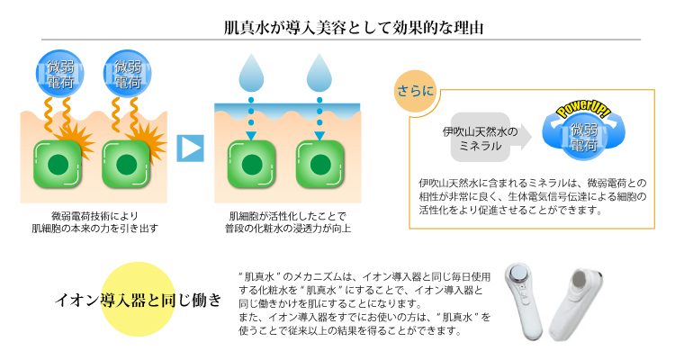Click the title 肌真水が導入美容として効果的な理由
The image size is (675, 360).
point(354,28)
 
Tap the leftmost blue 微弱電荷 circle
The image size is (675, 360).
point(59,74)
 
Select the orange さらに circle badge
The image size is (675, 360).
point(415,91)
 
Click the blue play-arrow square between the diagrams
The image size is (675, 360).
point(190,148)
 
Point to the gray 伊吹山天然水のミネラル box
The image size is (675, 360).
point(481,138)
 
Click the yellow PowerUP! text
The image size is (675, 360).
point(583,108)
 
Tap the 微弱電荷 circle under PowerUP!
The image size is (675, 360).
point(584,137)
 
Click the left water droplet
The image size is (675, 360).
point(251,73)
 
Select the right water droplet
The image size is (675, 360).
point(319,73)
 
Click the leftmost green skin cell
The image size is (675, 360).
point(58,164)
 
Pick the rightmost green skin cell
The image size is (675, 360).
point(319,164)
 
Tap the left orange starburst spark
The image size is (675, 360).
point(76,139)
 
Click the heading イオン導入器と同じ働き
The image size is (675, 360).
point(139,300)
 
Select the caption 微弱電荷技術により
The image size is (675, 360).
point(94,215)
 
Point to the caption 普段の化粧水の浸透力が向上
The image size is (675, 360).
point(288,229)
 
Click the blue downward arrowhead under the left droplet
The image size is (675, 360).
point(251,136)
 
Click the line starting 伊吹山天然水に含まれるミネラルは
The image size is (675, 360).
point(533,184)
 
